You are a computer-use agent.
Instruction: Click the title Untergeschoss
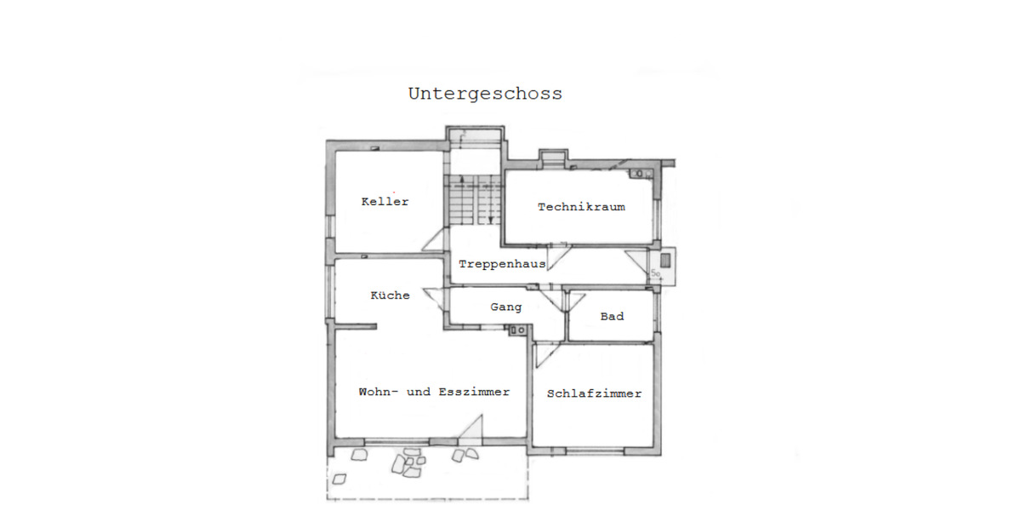pos(485,94)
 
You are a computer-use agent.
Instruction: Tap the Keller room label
pos(385,202)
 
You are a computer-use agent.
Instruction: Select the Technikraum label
pos(581,207)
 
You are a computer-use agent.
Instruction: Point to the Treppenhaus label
pos(502,264)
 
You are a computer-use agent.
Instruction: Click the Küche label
pos(390,296)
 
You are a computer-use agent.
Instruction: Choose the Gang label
pos(505,307)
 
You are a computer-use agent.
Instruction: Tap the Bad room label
pos(612,316)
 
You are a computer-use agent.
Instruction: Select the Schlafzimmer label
pos(594,393)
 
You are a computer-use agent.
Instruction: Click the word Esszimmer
pos(474,392)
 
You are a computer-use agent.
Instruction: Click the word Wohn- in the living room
pos(379,392)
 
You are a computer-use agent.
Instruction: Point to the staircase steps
pos(472,200)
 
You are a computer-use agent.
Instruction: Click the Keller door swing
pos(434,240)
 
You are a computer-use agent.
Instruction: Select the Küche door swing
pos(434,300)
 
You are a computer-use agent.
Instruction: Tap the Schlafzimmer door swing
pos(545,355)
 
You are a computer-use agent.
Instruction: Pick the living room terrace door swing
pos(472,428)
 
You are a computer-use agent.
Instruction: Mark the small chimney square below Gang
pos(515,330)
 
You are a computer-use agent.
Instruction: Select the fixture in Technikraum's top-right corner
pos(641,175)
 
